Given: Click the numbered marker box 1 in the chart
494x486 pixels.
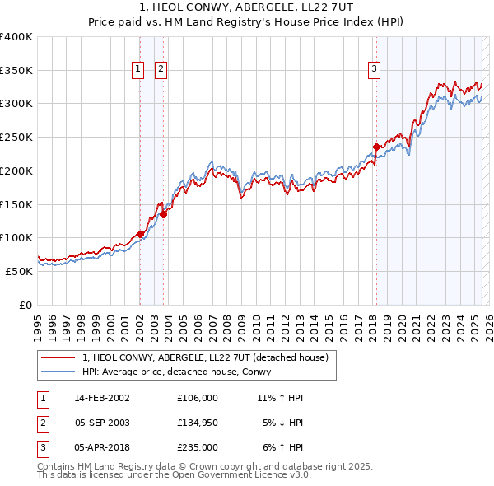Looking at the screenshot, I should [137, 69].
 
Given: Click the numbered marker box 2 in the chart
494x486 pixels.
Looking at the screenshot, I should [161, 69].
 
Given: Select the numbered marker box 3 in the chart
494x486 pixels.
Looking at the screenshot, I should [374, 69].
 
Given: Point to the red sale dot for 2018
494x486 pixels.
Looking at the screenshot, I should [376, 147].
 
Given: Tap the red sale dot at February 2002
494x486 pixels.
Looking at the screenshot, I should [140, 233].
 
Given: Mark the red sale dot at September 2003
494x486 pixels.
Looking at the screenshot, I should [164, 214].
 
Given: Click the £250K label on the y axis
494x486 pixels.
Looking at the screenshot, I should [16, 138].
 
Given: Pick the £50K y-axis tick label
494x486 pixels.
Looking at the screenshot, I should [19, 271].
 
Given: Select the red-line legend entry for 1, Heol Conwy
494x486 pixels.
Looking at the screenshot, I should [205, 357].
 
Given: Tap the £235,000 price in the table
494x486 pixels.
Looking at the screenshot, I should [197, 447].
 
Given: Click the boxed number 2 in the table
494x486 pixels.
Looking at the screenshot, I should [42, 423].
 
